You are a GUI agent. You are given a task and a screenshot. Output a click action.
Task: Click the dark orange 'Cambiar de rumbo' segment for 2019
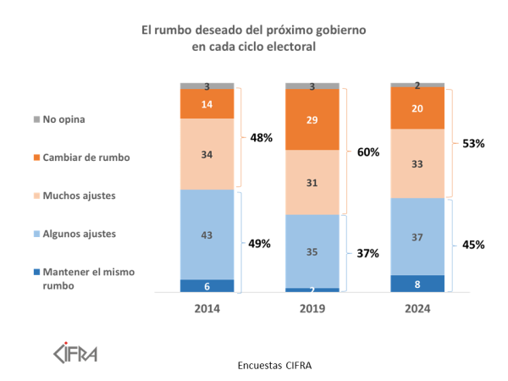point(312,119)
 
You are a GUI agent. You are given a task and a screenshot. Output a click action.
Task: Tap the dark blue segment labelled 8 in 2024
point(417,284)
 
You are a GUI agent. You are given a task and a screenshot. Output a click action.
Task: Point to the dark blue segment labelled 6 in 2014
point(207,286)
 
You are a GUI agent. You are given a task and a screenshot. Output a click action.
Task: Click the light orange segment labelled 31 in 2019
point(312,182)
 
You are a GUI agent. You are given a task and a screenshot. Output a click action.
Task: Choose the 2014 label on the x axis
point(207,309)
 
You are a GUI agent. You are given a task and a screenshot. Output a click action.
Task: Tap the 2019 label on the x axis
point(312,309)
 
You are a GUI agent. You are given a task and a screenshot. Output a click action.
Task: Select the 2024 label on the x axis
point(417,309)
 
